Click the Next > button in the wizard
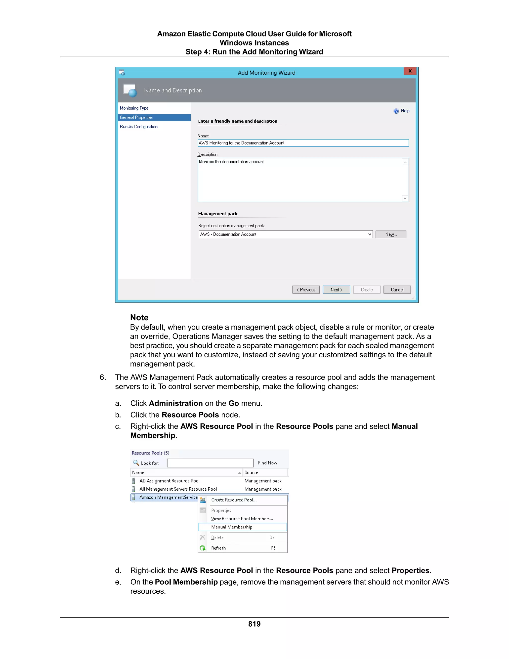[x=336, y=290]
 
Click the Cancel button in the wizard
[x=397, y=290]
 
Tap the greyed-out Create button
[x=367, y=290]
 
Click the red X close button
[x=410, y=71]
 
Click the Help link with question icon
[x=402, y=111]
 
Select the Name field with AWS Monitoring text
[x=303, y=143]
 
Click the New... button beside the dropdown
[x=391, y=235]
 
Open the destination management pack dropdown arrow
[x=370, y=235]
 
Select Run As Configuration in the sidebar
[x=139, y=127]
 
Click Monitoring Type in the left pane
[x=134, y=108]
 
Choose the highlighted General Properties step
[x=136, y=117]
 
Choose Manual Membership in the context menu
[x=232, y=527]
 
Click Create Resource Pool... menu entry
[x=234, y=500]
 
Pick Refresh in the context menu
[x=218, y=548]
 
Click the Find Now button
[x=267, y=463]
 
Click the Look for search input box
[x=210, y=463]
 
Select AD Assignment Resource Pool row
[x=170, y=481]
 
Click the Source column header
[x=251, y=472]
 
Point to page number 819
[x=254, y=624]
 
